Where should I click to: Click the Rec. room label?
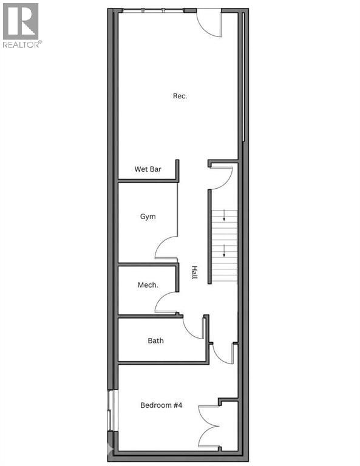coord(180,96)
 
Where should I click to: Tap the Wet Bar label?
coord(148,169)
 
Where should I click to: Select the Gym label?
coord(148,217)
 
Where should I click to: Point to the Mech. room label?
coord(148,285)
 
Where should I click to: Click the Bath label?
coord(155,340)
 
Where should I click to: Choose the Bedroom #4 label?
coord(161,405)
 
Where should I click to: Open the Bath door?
coord(194,328)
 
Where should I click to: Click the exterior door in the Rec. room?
coord(211,22)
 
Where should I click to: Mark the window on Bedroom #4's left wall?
coord(109,411)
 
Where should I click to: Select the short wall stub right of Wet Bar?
coord(177,170)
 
